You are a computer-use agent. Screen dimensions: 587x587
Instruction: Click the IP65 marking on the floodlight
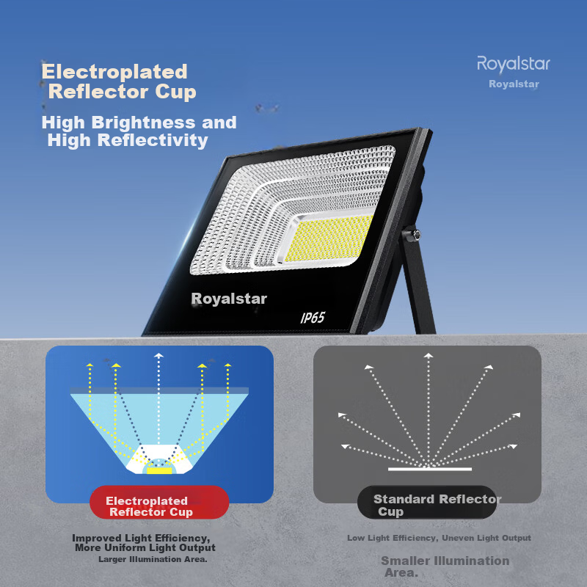(313, 318)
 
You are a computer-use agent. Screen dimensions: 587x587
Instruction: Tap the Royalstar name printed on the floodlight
(229, 299)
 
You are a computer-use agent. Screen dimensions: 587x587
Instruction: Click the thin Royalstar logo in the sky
(513, 64)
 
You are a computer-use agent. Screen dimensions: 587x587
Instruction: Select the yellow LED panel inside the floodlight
(329, 238)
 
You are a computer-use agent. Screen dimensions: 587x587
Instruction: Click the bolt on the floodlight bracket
(415, 235)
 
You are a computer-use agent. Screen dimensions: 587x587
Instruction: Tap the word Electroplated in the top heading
(114, 71)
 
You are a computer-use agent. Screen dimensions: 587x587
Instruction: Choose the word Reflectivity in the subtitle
(153, 140)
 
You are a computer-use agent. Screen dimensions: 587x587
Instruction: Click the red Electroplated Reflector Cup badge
(159, 502)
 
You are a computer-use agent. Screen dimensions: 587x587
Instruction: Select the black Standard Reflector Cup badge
(427, 502)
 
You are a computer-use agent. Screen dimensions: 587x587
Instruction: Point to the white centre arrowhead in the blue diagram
(158, 355)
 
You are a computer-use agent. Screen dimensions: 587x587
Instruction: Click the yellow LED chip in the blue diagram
(159, 470)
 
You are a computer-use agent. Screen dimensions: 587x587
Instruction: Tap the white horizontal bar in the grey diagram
(430, 469)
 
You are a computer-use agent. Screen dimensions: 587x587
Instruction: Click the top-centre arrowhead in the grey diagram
(429, 355)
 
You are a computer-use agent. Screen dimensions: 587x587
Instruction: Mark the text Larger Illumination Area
(153, 559)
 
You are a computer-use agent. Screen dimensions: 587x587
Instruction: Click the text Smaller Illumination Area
(445, 566)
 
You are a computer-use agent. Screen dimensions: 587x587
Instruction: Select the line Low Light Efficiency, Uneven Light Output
(439, 538)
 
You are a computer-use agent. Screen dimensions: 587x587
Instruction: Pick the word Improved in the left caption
(97, 538)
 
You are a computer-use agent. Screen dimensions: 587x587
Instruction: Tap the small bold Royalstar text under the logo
(514, 84)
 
